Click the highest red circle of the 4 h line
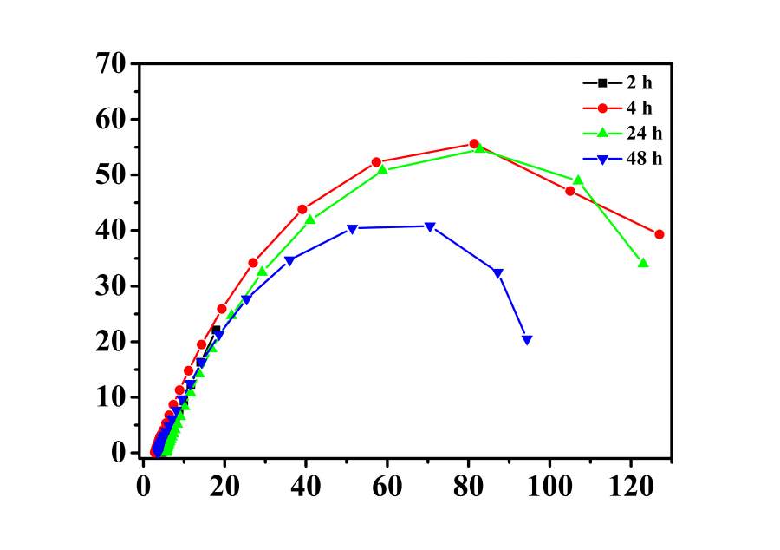pyautogui.click(x=474, y=144)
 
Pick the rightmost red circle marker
pyautogui.click(x=660, y=234)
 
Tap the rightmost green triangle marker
pyautogui.click(x=643, y=262)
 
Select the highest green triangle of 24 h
pyautogui.click(x=479, y=148)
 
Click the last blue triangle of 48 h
pyautogui.click(x=527, y=340)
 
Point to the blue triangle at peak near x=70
pyautogui.click(x=430, y=227)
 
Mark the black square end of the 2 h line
pyautogui.click(x=217, y=330)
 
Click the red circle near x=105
pyautogui.click(x=570, y=191)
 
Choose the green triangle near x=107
pyautogui.click(x=578, y=180)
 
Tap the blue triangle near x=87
pyautogui.click(x=498, y=273)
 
